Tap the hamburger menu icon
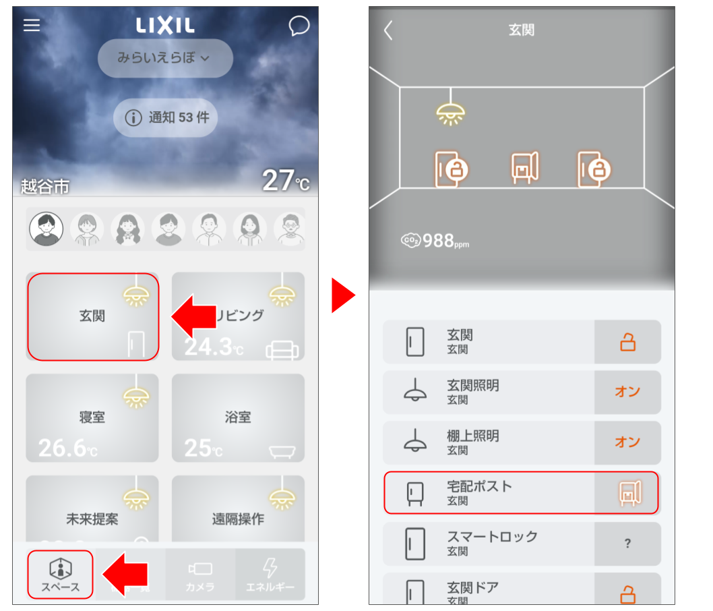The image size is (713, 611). click(x=32, y=26)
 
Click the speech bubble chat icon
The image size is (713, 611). click(x=299, y=26)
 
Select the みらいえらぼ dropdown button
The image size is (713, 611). click(x=165, y=58)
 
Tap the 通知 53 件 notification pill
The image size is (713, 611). click(x=165, y=118)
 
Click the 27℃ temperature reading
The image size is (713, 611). click(x=286, y=180)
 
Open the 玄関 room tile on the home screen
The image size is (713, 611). click(x=93, y=316)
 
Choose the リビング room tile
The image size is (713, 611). click(x=238, y=316)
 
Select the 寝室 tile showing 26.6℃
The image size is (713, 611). click(x=92, y=418)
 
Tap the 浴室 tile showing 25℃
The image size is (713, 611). click(x=238, y=418)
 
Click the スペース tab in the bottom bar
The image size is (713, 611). click(x=60, y=575)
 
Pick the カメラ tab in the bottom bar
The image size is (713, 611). click(x=200, y=575)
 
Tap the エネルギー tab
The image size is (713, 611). click(x=270, y=575)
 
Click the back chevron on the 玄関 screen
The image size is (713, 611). click(x=388, y=30)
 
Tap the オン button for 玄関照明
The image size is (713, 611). click(x=627, y=392)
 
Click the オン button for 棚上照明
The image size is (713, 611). click(x=627, y=442)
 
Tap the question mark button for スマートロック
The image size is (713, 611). click(x=627, y=544)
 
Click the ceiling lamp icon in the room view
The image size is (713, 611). click(x=451, y=112)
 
